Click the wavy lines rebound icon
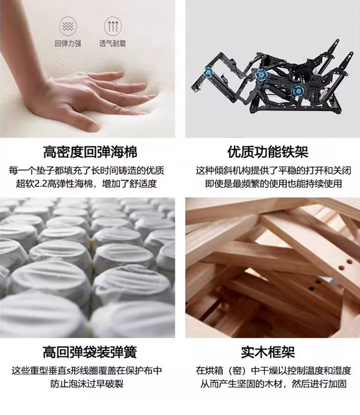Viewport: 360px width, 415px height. pyautogui.click(x=68, y=26)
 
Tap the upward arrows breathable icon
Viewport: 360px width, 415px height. pyautogui.click(x=113, y=26)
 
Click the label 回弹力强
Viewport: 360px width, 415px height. pyautogui.click(x=68, y=43)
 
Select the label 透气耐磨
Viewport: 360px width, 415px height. pyautogui.click(x=113, y=43)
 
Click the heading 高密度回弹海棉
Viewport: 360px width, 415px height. pyautogui.click(x=90, y=152)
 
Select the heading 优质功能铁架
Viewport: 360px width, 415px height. pyautogui.click(x=268, y=152)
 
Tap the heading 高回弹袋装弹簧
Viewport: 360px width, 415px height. pyautogui.click(x=90, y=352)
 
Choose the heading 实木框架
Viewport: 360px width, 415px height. pyautogui.click(x=268, y=352)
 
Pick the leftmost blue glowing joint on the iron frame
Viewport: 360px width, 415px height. pyautogui.click(x=208, y=72)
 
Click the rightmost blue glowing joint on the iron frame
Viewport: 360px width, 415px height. pyautogui.click(x=298, y=91)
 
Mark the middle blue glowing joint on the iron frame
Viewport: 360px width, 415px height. pyautogui.click(x=261, y=74)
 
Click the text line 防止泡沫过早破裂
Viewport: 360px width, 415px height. pyautogui.click(x=87, y=383)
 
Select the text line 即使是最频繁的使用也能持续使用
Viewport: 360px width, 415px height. pyautogui.click(x=274, y=183)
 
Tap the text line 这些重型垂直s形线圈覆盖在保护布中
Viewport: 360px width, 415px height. pyautogui.click(x=87, y=370)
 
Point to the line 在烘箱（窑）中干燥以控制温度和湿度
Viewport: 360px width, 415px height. pyautogui.click(x=274, y=370)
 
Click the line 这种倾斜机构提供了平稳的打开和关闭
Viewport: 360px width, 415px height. pyautogui.click(x=274, y=171)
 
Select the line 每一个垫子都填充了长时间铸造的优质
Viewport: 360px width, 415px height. pyautogui.click(x=86, y=171)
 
